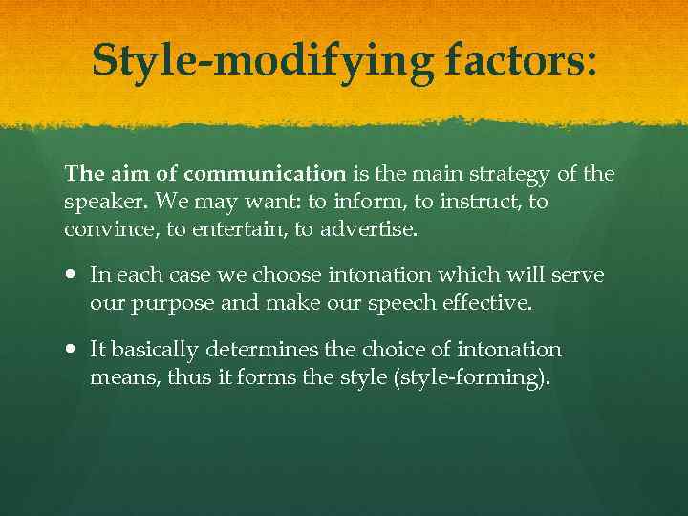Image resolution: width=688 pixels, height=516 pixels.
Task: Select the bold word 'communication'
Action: (265, 174)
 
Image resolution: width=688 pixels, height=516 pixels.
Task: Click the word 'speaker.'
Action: (98, 204)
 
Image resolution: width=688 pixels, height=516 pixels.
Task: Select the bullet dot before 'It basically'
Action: (73, 351)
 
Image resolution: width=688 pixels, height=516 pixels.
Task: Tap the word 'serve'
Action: (583, 276)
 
